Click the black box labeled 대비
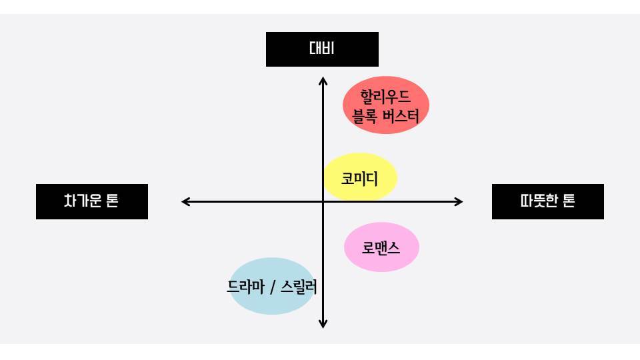tap(322, 49)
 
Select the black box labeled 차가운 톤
tap(92, 201)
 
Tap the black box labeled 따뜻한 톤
tap(547, 201)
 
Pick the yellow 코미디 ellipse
tap(360, 178)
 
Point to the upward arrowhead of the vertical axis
tap(323, 81)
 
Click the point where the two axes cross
tap(323, 201)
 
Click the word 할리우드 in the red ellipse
tap(385, 97)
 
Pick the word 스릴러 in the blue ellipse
tap(299, 288)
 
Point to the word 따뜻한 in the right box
tap(537, 201)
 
